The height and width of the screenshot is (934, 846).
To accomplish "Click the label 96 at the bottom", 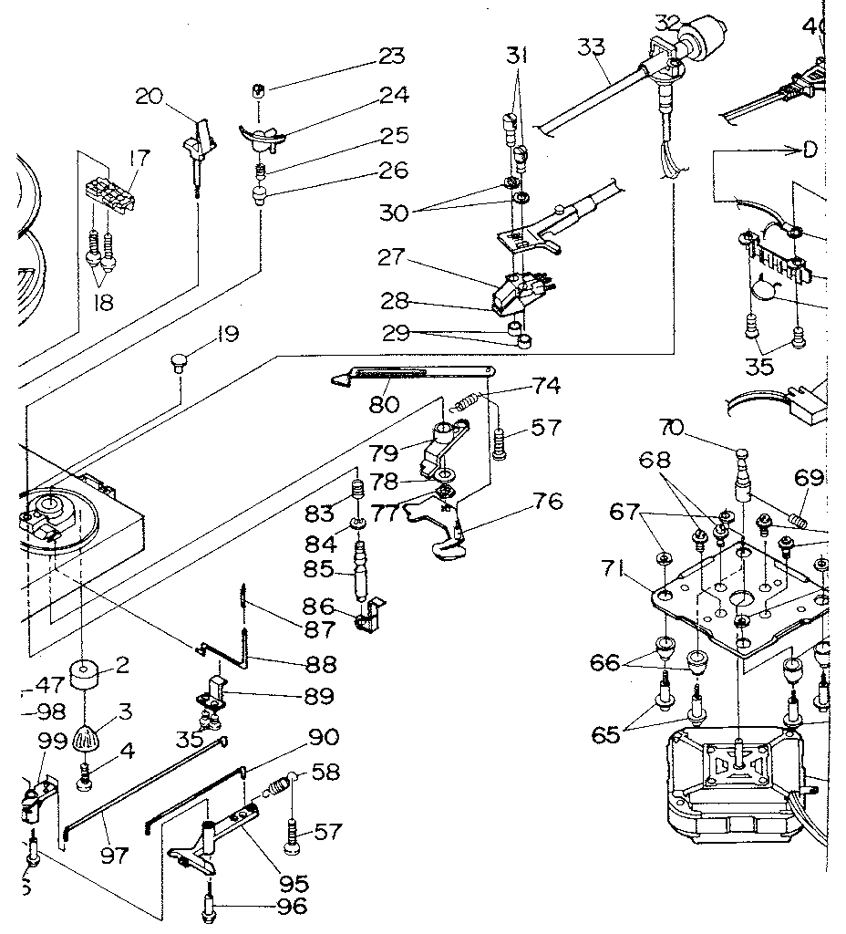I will click(291, 907).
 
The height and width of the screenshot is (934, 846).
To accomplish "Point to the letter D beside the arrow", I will click(809, 150).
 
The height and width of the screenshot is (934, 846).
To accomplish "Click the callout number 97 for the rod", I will click(115, 855).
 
